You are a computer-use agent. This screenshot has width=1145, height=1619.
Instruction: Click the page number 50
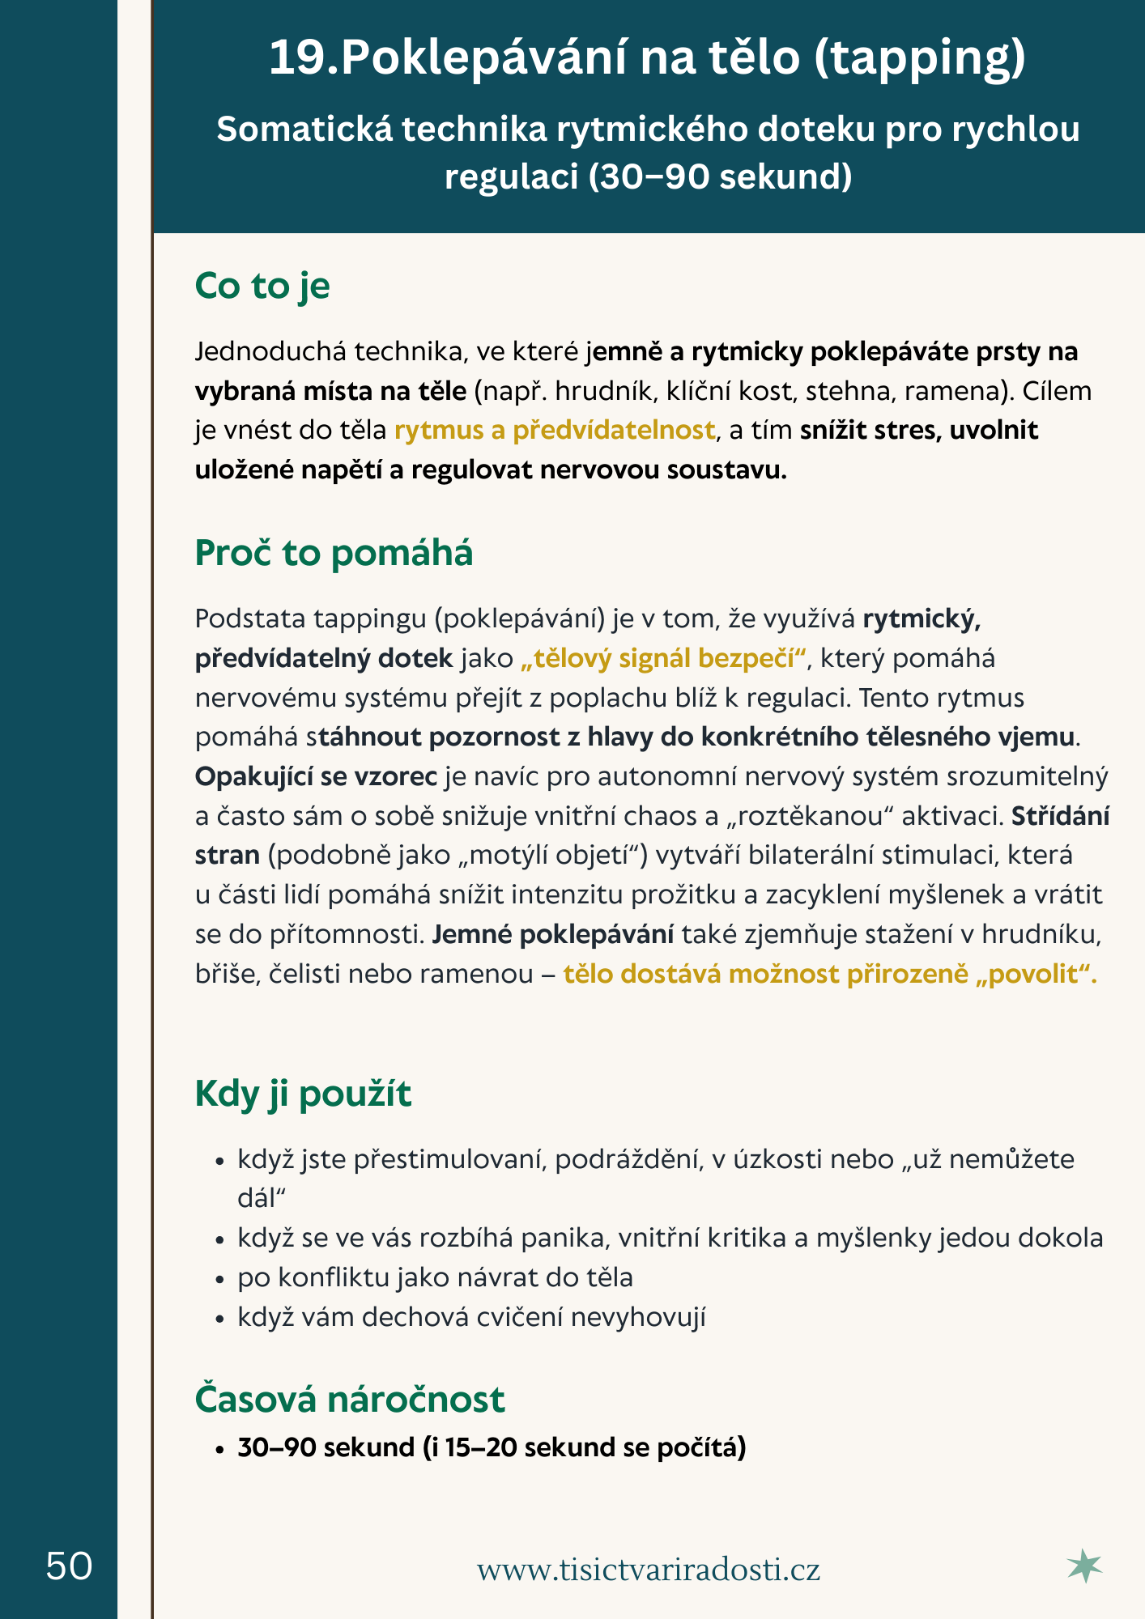[x=69, y=1566]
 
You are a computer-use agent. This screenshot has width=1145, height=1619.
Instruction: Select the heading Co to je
[x=262, y=287]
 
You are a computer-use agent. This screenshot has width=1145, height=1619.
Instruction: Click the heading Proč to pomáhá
[x=334, y=553]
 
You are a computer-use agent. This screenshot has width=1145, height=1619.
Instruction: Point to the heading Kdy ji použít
[x=303, y=1094]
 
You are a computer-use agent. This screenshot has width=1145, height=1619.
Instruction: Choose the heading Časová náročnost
[x=350, y=1399]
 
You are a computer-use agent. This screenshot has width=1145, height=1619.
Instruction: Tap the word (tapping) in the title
[x=919, y=58]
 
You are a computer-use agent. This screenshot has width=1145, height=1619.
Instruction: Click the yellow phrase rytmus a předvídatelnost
[x=555, y=430]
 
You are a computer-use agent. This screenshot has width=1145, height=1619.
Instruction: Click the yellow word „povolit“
[x=1036, y=973]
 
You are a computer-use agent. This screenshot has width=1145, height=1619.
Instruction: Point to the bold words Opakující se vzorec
[x=316, y=776]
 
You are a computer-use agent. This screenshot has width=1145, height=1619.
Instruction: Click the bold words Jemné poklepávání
[x=552, y=934]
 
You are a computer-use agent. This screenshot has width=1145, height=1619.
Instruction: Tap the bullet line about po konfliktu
[x=435, y=1277]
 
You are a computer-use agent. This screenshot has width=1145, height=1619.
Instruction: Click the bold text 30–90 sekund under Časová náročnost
[x=326, y=1447]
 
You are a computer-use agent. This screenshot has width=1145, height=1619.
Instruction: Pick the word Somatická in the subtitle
[x=303, y=130]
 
